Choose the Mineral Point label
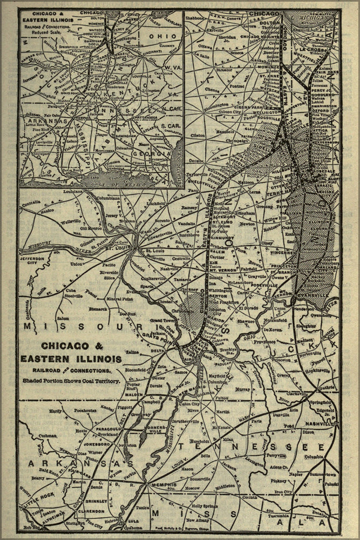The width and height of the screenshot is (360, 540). pos(120,299)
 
